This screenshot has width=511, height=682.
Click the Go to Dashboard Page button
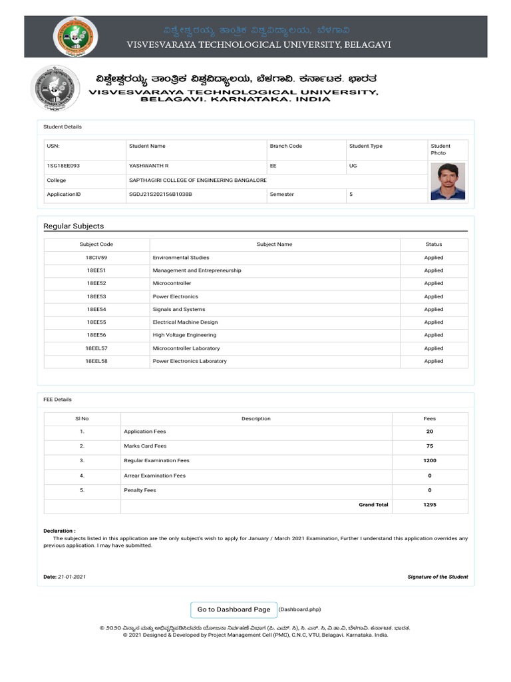234,609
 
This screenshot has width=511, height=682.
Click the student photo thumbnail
447,181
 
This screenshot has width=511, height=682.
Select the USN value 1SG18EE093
63,165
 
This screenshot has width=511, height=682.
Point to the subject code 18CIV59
96,258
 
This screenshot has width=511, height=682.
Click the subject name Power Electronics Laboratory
190,361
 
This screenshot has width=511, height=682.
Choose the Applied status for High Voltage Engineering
433,335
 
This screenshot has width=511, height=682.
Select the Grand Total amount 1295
429,505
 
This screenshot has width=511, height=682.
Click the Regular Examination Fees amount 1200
429,461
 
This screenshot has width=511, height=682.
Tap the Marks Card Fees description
145,446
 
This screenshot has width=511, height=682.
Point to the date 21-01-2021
72,577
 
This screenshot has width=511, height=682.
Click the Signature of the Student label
437,577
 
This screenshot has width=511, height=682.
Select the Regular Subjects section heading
73,226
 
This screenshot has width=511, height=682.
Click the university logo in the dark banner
75,37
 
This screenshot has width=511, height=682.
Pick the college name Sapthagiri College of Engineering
198,180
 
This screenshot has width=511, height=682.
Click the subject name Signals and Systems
179,310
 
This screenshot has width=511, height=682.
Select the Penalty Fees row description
140,490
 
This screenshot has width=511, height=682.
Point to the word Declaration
59,531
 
